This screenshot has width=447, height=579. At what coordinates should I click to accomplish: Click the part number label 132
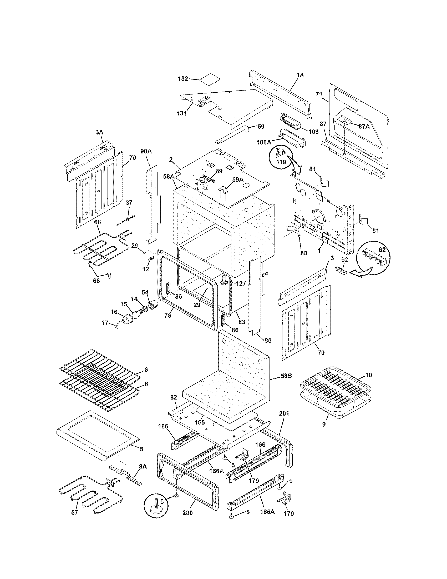click(x=183, y=79)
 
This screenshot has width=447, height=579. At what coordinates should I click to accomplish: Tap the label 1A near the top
click(x=300, y=75)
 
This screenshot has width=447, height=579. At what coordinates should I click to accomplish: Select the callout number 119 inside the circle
click(x=281, y=162)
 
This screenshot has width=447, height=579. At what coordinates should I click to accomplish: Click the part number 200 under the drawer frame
click(x=187, y=520)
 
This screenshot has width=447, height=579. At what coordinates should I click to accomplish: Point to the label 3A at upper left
click(x=99, y=132)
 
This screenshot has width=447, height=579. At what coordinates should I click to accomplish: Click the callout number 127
click(x=240, y=283)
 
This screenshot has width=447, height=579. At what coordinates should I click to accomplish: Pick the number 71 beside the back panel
click(x=319, y=94)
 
